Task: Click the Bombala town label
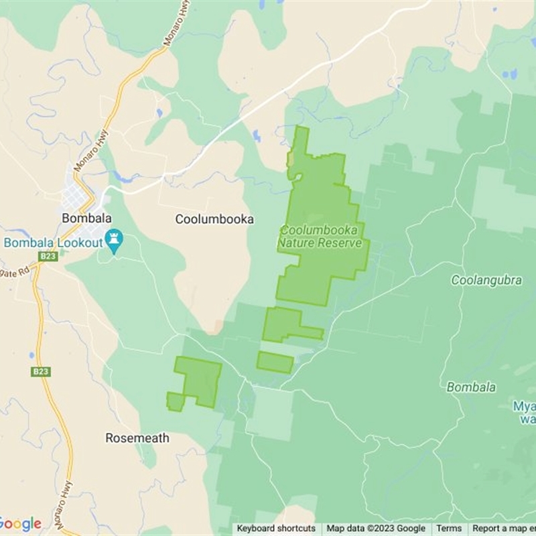coord(86,218)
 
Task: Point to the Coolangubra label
coord(486,281)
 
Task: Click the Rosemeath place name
coord(137,438)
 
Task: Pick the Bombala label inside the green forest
coord(471,387)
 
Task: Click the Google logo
coord(20,524)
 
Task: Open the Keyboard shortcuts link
coord(276,529)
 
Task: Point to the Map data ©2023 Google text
coord(376,529)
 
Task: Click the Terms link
coord(449,529)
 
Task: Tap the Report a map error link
coord(503,529)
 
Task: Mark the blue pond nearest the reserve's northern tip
coord(257,136)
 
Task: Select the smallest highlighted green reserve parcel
coord(275,362)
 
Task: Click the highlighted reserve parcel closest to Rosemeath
coord(197,380)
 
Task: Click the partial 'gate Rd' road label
coord(15,271)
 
